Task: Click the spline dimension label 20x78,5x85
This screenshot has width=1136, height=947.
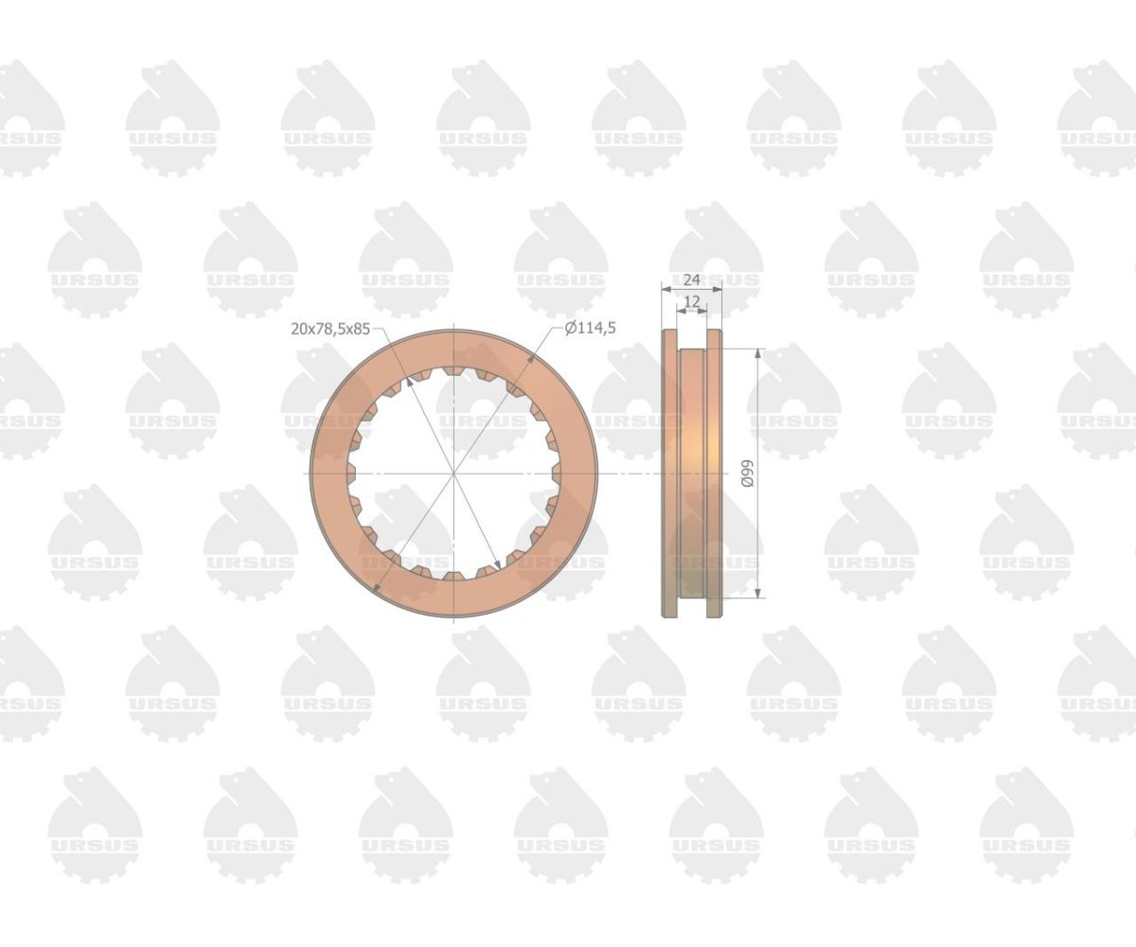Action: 330,329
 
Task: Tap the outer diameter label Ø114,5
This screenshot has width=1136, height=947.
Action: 590,329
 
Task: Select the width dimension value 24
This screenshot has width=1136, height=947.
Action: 691,279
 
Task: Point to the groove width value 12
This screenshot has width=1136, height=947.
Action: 691,301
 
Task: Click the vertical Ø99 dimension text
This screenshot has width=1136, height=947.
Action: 748,473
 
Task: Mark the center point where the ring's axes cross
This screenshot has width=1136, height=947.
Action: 453,473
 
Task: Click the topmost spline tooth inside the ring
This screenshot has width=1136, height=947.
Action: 453,370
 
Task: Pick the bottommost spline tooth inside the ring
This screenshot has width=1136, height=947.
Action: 453,577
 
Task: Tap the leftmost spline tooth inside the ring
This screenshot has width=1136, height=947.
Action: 351,473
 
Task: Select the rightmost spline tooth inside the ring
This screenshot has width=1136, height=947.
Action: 557,473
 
